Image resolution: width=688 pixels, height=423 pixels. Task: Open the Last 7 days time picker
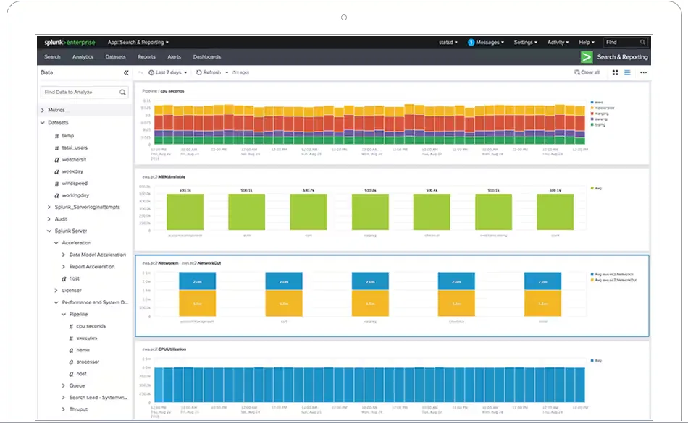pos(168,72)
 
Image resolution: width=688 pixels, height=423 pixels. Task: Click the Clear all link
pos(587,72)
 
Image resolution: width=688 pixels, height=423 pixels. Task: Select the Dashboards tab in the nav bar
pos(207,56)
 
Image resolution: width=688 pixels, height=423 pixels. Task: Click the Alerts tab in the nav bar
pos(175,56)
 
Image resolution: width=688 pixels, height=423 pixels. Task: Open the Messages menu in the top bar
pos(485,43)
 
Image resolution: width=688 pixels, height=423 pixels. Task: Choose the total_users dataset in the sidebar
pos(75,148)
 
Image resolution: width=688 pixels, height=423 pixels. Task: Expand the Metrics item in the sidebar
pos(56,110)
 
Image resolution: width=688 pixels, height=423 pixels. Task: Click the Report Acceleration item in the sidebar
pos(91,267)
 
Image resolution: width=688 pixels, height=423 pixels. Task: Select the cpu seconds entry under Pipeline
pos(91,326)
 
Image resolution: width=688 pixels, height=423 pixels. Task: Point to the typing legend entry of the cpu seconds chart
pos(600,124)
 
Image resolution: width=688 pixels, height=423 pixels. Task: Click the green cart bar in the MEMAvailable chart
pos(308,212)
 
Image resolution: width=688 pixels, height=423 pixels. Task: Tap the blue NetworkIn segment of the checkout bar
pos(456,281)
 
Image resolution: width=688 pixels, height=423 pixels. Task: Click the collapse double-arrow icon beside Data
pos(126,73)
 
